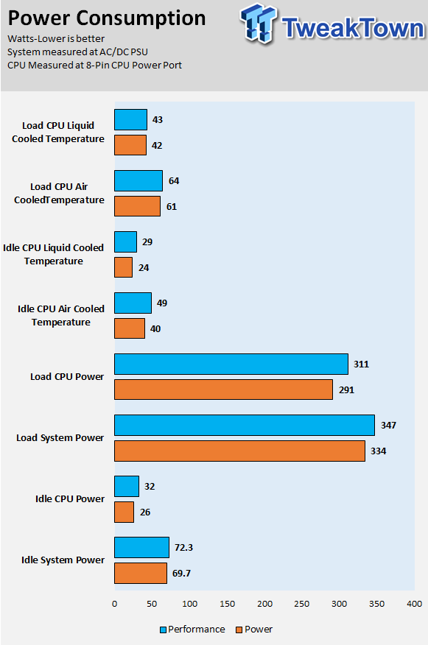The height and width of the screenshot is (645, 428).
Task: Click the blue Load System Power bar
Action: (x=245, y=425)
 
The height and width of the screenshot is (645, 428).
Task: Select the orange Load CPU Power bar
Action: (x=223, y=390)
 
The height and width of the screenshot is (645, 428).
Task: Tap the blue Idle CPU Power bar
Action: (x=127, y=486)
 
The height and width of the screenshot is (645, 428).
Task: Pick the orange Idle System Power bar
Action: (x=141, y=573)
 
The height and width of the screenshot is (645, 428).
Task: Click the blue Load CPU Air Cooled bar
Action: (x=138, y=180)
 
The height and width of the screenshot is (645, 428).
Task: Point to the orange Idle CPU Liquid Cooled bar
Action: (x=124, y=267)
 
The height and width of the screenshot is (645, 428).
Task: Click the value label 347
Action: (x=388, y=426)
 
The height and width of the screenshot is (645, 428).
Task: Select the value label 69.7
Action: (x=181, y=574)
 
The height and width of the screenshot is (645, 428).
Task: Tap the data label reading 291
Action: (x=346, y=390)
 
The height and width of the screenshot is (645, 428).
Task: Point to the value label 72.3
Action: (x=183, y=548)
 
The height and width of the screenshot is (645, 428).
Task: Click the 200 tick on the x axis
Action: (x=264, y=604)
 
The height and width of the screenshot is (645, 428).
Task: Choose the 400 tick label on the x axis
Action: (x=415, y=604)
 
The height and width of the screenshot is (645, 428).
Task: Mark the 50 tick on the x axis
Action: (x=152, y=604)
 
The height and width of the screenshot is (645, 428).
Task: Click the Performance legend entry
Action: (x=192, y=630)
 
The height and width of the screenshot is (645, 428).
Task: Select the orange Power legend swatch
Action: (x=239, y=630)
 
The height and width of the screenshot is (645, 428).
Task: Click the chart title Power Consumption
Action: (x=107, y=18)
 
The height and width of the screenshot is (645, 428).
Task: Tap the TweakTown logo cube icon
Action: (x=259, y=24)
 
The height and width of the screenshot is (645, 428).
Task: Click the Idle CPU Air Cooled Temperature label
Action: (x=61, y=316)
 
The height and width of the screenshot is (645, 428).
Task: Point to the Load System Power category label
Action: (x=60, y=437)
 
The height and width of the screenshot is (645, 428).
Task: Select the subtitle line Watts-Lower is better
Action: (x=56, y=39)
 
